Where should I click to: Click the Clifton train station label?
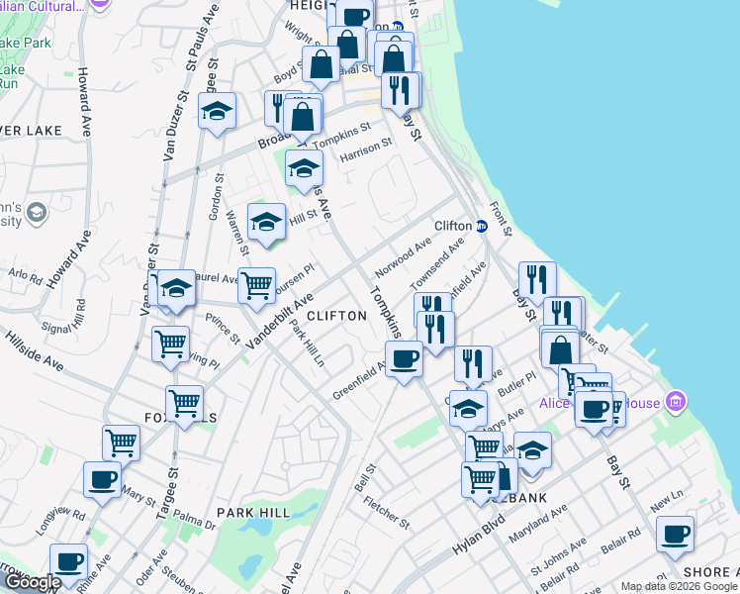452,225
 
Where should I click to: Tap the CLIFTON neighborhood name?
336,315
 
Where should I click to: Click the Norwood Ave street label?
404,258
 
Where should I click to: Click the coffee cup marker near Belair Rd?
675,535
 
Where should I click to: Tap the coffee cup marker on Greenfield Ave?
404,358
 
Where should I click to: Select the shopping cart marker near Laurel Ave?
256,285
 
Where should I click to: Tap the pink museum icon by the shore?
677,402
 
